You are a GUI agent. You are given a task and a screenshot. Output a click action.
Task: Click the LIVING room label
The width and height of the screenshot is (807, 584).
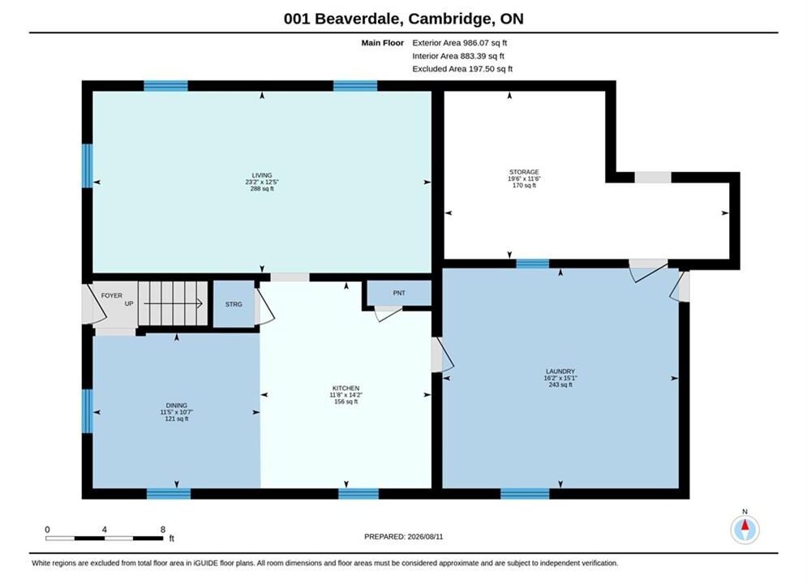[x=262, y=175]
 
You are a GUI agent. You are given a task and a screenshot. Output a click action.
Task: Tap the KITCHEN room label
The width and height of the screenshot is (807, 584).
[x=346, y=389]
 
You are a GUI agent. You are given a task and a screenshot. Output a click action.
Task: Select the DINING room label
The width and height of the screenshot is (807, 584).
[x=177, y=406]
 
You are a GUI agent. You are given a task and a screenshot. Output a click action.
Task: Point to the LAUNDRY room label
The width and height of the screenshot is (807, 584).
[x=560, y=371]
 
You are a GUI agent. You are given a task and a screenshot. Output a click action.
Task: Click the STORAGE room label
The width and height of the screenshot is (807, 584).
[x=524, y=173]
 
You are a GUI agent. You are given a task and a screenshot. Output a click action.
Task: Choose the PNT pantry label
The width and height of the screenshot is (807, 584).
[x=399, y=293]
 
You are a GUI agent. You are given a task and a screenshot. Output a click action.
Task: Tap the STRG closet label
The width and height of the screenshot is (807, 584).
[x=234, y=305]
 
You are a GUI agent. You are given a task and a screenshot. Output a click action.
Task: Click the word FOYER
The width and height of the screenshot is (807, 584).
[x=112, y=296]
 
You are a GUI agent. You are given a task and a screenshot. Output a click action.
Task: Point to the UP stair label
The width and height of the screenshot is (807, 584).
[x=129, y=303]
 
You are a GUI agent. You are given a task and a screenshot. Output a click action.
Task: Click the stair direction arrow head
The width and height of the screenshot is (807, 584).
[x=200, y=303]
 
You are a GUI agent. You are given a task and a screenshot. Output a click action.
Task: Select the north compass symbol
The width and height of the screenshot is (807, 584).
[x=745, y=529]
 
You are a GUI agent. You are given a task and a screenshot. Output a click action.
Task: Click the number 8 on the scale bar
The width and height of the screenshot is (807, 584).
[x=163, y=530]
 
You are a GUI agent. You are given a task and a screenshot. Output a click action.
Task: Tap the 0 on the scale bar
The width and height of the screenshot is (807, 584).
[x=47, y=530]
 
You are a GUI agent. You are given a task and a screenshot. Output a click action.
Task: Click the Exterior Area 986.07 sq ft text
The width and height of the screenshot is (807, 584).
[x=460, y=43]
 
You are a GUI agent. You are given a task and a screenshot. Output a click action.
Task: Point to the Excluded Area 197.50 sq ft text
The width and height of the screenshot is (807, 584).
[x=462, y=69]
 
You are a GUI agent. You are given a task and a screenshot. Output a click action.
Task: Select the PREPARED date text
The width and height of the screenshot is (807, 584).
[x=404, y=537]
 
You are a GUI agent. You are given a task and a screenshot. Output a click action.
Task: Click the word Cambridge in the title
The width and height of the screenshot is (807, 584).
[x=449, y=19]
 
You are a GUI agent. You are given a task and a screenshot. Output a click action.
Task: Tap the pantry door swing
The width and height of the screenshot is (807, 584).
[x=388, y=313]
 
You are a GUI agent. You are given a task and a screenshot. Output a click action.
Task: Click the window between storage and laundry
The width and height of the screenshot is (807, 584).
[x=533, y=264]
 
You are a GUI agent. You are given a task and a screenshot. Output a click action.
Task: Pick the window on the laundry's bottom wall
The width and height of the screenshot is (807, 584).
[x=525, y=493]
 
